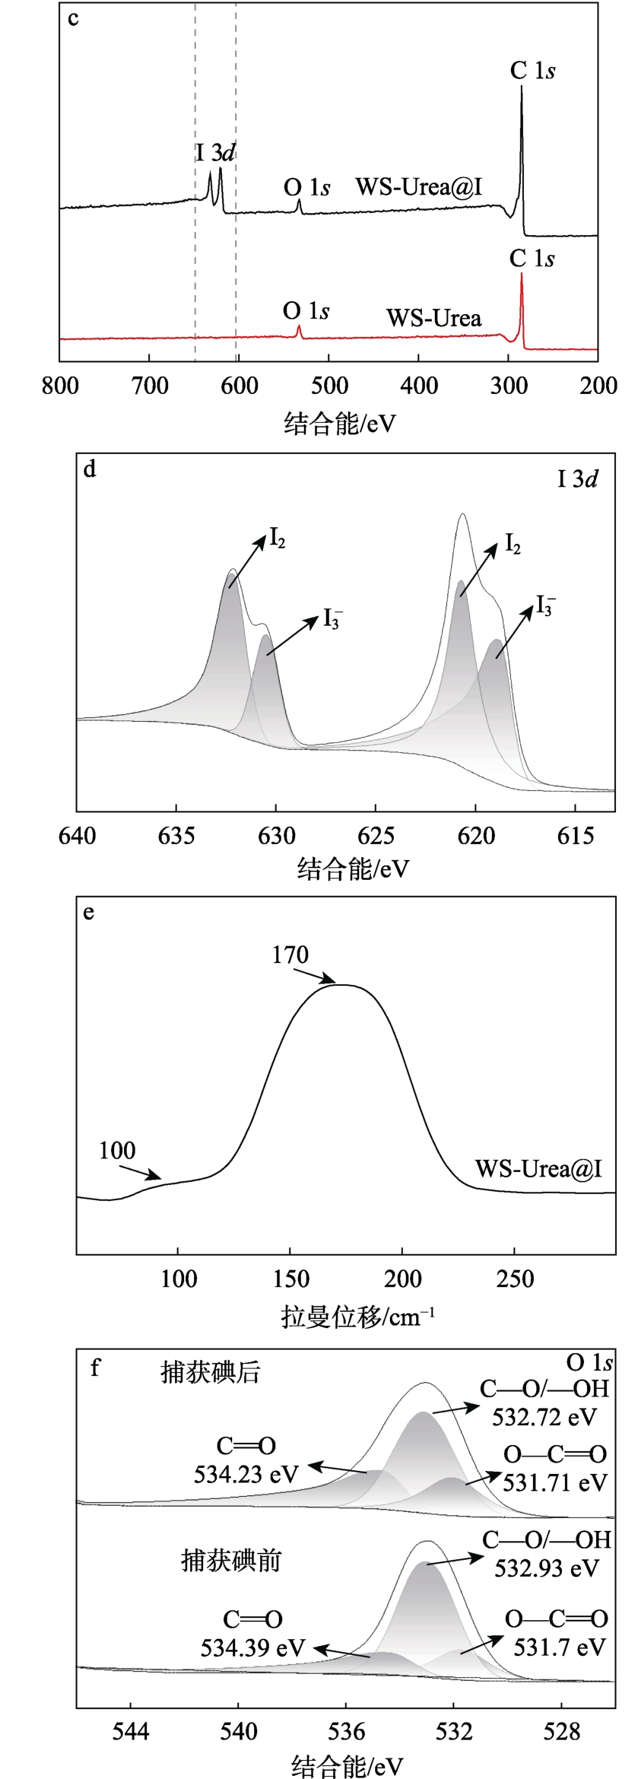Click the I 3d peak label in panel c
[215, 153]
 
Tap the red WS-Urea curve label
[433, 318]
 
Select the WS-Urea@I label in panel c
[419, 187]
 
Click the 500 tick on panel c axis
[329, 386]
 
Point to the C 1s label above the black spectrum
[532, 71]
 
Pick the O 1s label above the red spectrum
[306, 311]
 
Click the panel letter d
[90, 469]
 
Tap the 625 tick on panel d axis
[376, 836]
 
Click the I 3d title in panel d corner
[577, 479]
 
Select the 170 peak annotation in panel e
[290, 955]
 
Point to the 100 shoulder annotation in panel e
[117, 1151]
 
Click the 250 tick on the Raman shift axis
[515, 1279]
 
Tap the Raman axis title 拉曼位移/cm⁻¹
[357, 1317]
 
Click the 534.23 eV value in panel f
[246, 1475]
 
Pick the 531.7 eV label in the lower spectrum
[559, 1647]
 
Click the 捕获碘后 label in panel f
[211, 1373]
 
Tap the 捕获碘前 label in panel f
[231, 1561]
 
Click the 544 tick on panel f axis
[131, 1732]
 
